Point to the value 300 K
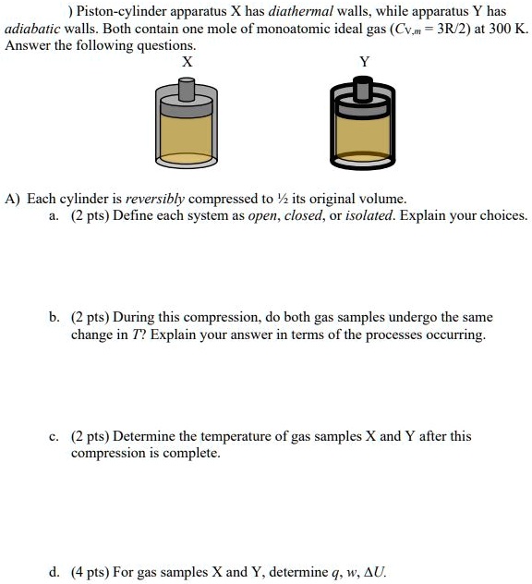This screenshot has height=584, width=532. [x=506, y=29]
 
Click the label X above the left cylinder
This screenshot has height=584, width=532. [x=187, y=62]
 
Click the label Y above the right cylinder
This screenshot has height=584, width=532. [x=363, y=62]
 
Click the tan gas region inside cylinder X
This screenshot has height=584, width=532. [x=187, y=134]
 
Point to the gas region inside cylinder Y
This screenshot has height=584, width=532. [x=363, y=134]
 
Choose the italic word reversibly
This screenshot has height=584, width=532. [x=155, y=199]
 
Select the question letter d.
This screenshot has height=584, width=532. [x=54, y=572]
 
